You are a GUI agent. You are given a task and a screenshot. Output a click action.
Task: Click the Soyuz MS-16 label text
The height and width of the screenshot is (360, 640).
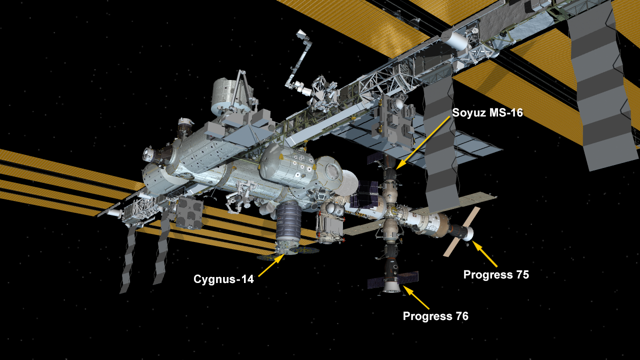pyautogui.click(x=487, y=112)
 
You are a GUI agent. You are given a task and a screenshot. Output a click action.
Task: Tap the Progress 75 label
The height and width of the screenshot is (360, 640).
pyautogui.click(x=496, y=274)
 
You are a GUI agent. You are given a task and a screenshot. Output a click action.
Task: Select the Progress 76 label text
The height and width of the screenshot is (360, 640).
pyautogui.click(x=435, y=316)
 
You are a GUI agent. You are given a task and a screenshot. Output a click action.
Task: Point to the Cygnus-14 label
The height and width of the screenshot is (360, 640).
pyautogui.click(x=223, y=279)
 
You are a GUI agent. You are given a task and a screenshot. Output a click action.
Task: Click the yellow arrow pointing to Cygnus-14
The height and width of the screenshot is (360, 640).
pyautogui.click(x=271, y=265)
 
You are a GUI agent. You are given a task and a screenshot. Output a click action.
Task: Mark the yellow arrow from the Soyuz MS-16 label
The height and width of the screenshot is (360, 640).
pyautogui.click(x=423, y=143)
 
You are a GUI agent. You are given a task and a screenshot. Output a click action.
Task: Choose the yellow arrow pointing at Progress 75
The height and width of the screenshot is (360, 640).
pyautogui.click(x=484, y=254)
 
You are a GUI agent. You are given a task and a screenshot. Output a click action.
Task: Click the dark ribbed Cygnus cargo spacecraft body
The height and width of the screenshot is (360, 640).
pyautogui.click(x=289, y=219)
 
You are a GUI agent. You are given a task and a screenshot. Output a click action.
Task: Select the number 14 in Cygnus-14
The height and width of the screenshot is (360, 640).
pyautogui.click(x=247, y=279)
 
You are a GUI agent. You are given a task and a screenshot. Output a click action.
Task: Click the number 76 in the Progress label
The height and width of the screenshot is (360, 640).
pyautogui.click(x=461, y=316)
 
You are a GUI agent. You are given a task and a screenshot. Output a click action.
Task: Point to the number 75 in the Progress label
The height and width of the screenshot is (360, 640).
pyautogui.click(x=522, y=274)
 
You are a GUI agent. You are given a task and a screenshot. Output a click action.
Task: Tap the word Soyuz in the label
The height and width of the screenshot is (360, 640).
pyautogui.click(x=469, y=113)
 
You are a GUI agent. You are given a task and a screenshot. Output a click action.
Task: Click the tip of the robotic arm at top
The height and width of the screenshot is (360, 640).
pyautogui.click(x=300, y=33)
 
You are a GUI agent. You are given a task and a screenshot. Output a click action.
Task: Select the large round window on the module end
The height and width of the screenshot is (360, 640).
pyautogui.click(x=331, y=171)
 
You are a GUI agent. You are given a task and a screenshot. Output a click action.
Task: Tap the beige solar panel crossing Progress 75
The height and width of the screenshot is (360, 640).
pyautogui.click(x=461, y=231)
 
